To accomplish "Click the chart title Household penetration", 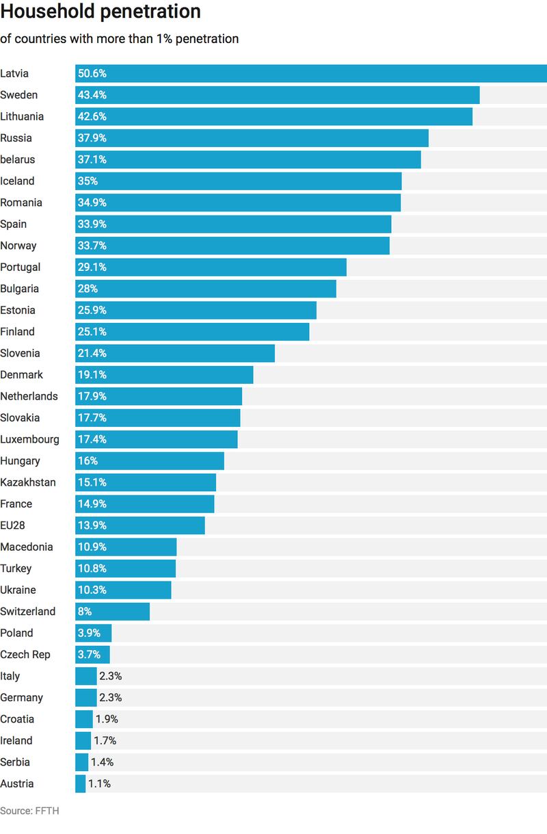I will click(101, 12).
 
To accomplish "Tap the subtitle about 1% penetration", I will click(119, 39).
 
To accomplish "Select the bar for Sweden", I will click(277, 95).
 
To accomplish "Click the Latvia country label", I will click(14, 73).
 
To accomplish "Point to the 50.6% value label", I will click(92, 74).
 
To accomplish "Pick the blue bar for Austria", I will click(80, 784).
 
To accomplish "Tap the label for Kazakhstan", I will click(28, 482).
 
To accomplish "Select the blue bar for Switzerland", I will click(112, 612).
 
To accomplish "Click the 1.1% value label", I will click(99, 784).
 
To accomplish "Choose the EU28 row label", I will click(14, 525).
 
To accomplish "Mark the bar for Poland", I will click(93, 633).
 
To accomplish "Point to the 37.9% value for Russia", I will click(92, 138).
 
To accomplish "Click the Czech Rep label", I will click(25, 655).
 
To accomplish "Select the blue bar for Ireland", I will click(83, 741).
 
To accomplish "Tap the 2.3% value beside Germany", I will click(111, 698).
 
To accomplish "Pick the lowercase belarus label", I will click(18, 159).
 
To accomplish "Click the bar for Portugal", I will click(211, 268).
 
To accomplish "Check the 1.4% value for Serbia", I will click(102, 762).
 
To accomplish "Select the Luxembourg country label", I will click(29, 439).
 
